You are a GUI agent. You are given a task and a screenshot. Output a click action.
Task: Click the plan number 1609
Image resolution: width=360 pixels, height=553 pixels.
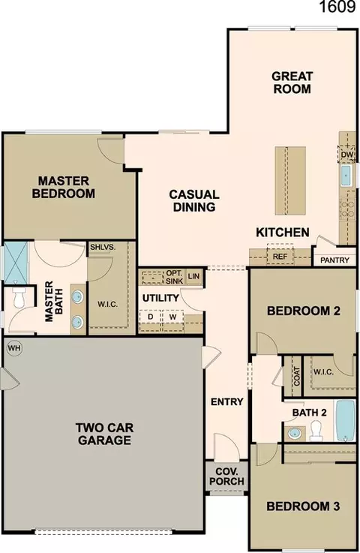coord(337,6)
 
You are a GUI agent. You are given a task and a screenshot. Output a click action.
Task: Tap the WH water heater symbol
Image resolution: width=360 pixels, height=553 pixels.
coord(14,348)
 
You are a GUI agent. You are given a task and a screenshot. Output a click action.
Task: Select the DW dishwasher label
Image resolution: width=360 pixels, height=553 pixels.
coord(347,155)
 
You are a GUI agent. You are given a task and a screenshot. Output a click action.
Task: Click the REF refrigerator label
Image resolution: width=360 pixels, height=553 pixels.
coord(280,257)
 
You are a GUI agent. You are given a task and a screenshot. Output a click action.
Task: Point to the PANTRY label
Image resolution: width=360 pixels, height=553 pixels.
coord(334,260)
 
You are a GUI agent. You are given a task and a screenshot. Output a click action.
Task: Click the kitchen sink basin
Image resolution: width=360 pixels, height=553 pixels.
coord(346,176)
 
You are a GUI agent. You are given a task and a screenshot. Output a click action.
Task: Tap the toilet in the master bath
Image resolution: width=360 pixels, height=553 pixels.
coord(18,297)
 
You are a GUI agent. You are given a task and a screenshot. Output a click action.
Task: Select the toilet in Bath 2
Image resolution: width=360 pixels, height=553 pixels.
coord(316,431)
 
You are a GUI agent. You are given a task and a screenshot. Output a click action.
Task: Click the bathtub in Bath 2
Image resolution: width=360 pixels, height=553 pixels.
coord(345,420)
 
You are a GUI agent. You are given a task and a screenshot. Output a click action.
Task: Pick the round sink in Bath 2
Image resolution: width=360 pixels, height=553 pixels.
coord(294,433)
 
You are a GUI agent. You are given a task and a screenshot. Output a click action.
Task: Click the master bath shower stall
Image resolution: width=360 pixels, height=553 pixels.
coord(16,262)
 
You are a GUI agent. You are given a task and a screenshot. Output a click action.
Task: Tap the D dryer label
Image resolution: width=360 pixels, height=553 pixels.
coord(151,317)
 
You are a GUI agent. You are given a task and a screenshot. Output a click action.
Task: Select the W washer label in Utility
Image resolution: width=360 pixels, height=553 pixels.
coord(172,317)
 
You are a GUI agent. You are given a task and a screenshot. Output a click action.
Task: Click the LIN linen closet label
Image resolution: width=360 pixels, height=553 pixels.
coord(193,276)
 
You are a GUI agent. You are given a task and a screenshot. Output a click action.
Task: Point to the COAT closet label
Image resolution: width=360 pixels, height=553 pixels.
coord(297,376)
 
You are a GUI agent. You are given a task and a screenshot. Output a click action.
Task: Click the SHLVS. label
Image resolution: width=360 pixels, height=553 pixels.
coord(103,247)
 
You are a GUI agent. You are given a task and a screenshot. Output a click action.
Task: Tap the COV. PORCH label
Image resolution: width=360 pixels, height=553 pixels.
coord(226,476)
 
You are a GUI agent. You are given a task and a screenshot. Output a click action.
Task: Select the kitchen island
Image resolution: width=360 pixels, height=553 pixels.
coord(290,181)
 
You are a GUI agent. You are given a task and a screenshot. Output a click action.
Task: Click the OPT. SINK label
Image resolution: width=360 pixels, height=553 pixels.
coord(174,277)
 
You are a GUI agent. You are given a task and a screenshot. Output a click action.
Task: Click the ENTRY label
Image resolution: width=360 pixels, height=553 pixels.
coord(227,401)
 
